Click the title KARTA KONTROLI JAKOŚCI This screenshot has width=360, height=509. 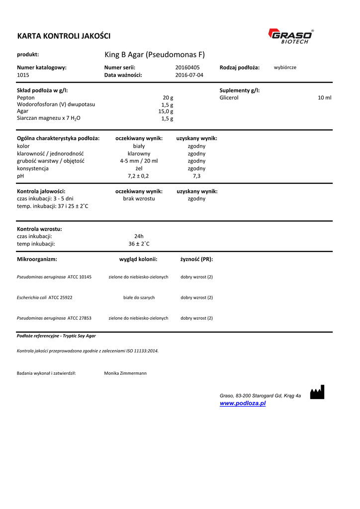tap(64, 36)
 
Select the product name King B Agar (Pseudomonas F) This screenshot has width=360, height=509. tap(155, 54)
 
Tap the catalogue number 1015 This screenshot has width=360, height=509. tap(23, 75)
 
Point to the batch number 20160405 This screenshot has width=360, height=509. tap(187, 67)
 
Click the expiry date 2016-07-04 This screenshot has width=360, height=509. tap(189, 75)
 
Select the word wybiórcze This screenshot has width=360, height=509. tap(285, 67)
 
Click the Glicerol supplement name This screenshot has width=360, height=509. tap(229, 98)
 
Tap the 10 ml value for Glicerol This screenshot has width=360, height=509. tap(324, 98)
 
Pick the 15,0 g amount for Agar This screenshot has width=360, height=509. tap(166, 111)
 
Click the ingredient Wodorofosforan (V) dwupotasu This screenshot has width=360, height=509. tap(56, 105)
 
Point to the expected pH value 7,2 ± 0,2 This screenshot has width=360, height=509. tap(138, 176)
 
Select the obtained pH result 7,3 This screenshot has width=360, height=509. tap(196, 176)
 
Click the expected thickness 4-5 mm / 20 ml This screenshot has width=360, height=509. tap(139, 161)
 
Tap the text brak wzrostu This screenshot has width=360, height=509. tap(139, 198)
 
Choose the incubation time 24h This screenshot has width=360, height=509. tap(139, 236)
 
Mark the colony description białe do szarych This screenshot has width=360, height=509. tap(139, 297)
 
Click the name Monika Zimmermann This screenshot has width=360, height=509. tap(125, 373)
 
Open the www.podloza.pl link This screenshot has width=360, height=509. tap(243, 403)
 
